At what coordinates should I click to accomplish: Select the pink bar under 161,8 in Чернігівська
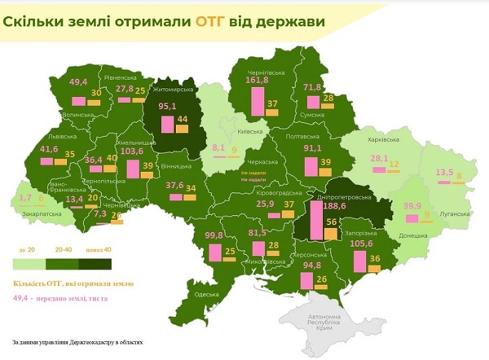(258, 102)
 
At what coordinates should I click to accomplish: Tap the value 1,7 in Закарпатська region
(24, 197)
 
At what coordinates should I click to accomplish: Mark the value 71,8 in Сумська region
(314, 87)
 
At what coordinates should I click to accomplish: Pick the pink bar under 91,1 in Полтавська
(311, 167)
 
